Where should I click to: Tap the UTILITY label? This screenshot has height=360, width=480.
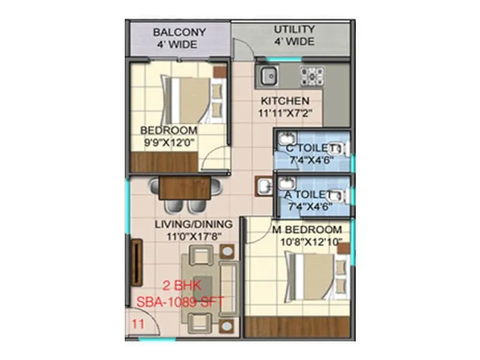[x=294, y=29]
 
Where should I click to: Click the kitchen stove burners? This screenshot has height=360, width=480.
[x=312, y=76]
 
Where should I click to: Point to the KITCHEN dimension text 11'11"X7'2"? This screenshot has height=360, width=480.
[x=285, y=113]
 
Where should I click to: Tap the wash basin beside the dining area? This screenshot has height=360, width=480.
[x=263, y=187]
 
